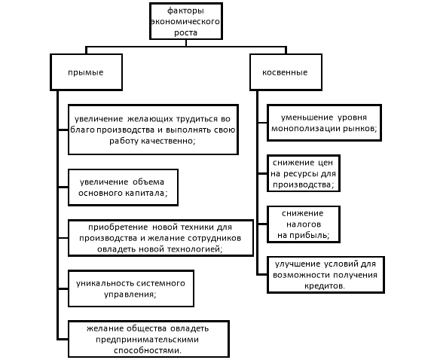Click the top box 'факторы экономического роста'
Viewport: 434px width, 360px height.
tap(186, 21)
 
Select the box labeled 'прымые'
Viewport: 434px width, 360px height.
tap(87, 72)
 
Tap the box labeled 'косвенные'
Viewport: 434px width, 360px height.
tap(286, 72)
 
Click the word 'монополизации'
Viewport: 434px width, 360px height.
tap(306, 129)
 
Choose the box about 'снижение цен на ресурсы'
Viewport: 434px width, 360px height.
tap(304, 173)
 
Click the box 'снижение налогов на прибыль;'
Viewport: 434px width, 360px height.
tap(304, 224)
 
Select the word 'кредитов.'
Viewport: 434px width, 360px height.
tap(325, 286)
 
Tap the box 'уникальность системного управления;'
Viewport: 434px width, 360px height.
tap(131, 288)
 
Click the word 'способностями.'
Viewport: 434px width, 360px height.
tap(148, 351)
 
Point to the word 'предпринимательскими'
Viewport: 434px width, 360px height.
tap(147, 340)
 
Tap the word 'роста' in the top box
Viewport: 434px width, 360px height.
tap(185, 32)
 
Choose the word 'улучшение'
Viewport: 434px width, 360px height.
tap(298, 264)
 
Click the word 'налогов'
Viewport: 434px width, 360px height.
tap(304, 224)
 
